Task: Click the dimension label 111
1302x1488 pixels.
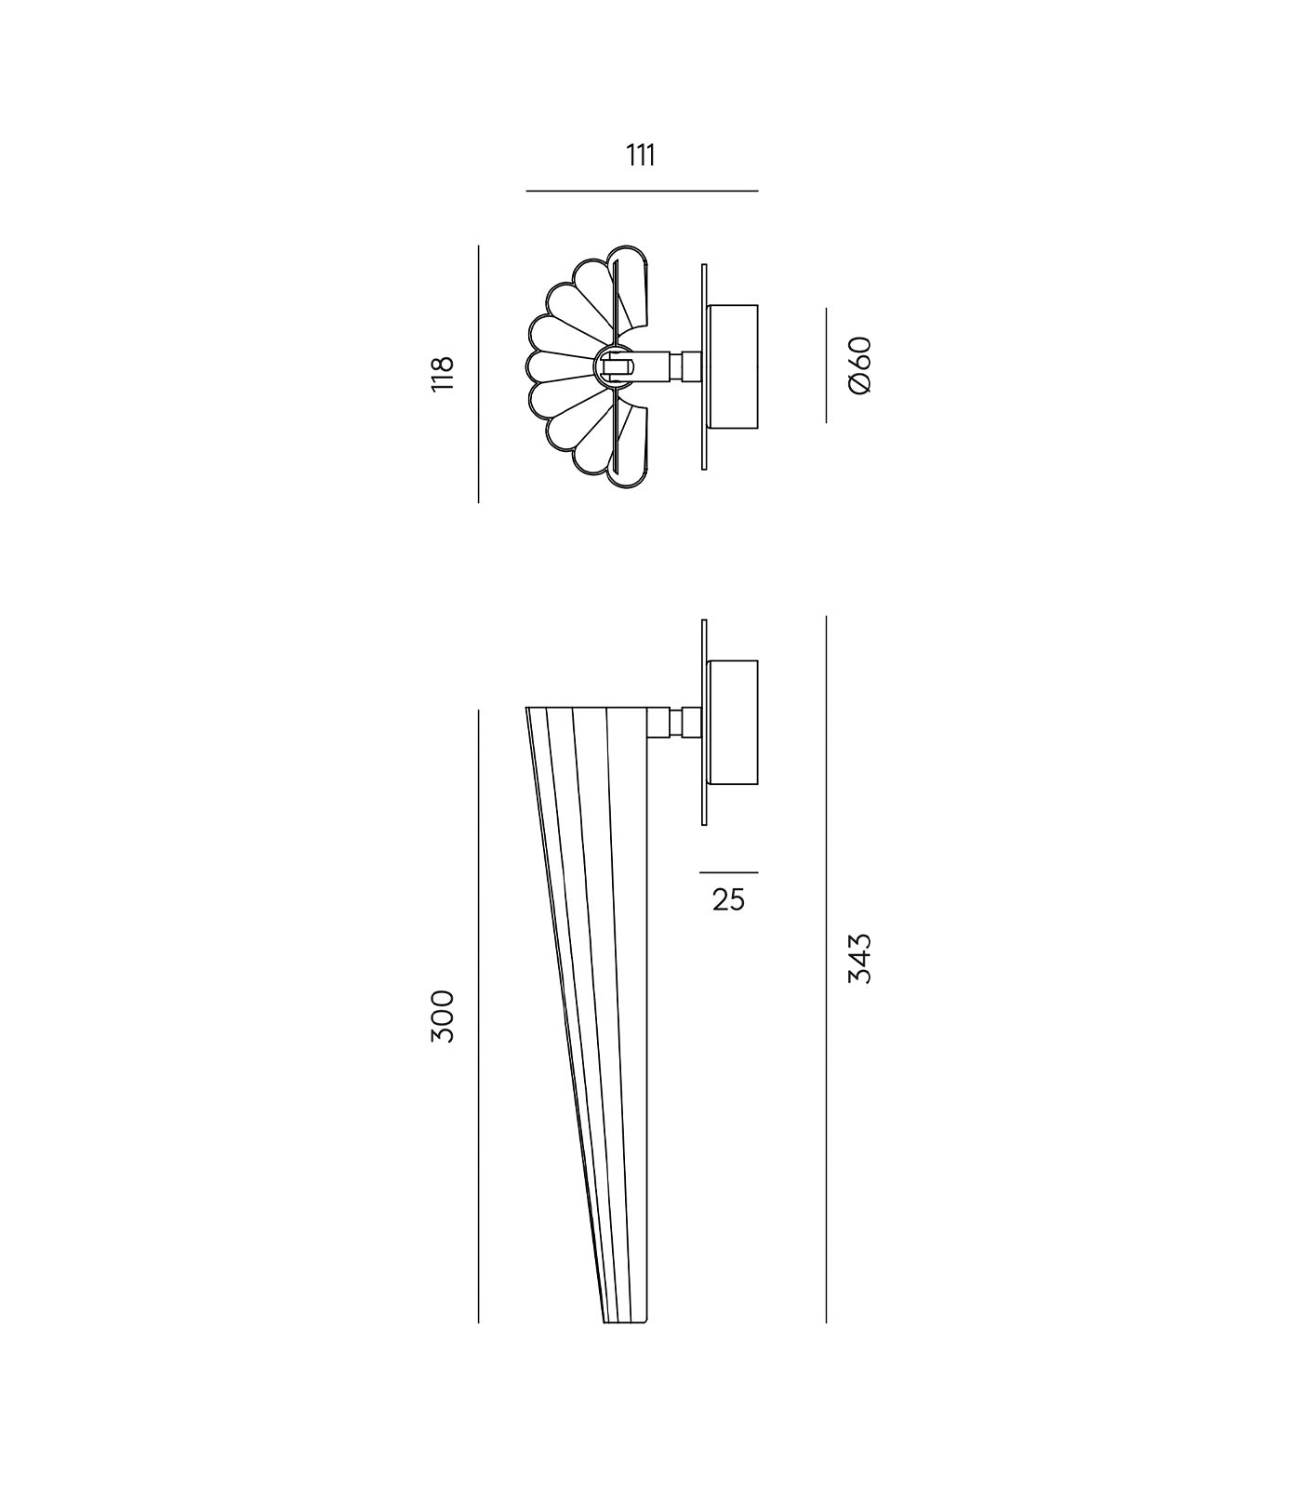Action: coord(641,155)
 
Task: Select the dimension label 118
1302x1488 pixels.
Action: coord(443,373)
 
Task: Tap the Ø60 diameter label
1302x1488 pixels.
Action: coord(860,365)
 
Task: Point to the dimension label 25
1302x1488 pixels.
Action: coord(728,899)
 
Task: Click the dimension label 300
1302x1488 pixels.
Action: coord(443,1016)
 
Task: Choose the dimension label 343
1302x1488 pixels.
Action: coord(860,958)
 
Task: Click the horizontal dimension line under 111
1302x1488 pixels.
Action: coord(642,191)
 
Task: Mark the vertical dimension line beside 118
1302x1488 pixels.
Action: coord(478,374)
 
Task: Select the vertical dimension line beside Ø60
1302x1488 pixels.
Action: coord(826,365)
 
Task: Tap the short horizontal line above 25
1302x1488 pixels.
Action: coord(728,872)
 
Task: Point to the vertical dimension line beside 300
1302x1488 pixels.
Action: coord(478,1016)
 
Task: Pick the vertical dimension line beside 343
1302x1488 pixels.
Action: coord(826,967)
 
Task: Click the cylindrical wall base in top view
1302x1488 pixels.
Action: coord(733,366)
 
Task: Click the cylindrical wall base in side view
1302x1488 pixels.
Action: coord(733,721)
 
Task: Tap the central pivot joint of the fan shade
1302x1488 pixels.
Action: coord(614,365)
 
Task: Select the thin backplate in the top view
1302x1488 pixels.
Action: coord(704,366)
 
